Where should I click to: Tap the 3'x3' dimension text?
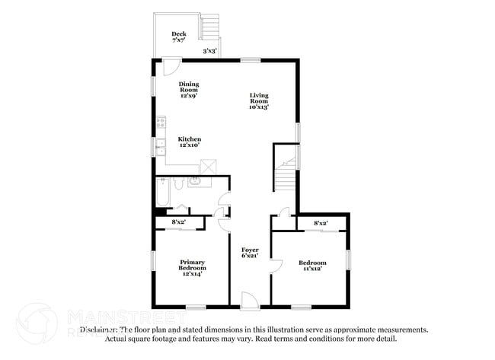[x=209, y=52]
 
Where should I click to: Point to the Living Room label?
[x=260, y=100]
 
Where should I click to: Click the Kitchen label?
[x=189, y=142]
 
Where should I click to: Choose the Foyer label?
[x=251, y=253]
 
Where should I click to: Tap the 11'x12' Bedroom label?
[x=311, y=266]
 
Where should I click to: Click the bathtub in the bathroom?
[x=162, y=193]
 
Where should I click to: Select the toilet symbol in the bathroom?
[x=177, y=184]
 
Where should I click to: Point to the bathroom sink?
[x=196, y=181]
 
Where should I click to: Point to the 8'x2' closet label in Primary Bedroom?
[x=180, y=221]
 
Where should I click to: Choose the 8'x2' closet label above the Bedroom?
[x=321, y=222]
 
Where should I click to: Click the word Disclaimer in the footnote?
[x=98, y=330]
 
